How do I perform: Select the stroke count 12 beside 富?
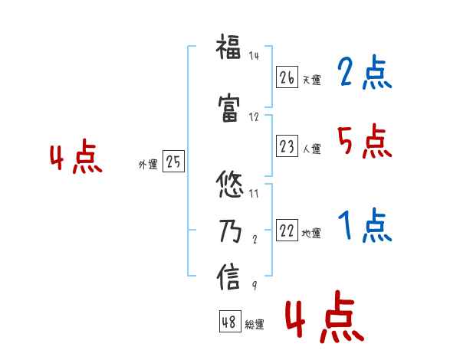(x=254, y=117)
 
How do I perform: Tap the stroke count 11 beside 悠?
(x=254, y=194)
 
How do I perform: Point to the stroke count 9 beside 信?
(x=254, y=286)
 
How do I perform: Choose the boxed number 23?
(x=287, y=146)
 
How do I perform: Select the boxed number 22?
(x=287, y=231)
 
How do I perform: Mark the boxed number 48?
(x=229, y=322)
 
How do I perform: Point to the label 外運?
(x=148, y=164)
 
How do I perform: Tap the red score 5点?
(x=363, y=141)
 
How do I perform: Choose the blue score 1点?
(x=364, y=226)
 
